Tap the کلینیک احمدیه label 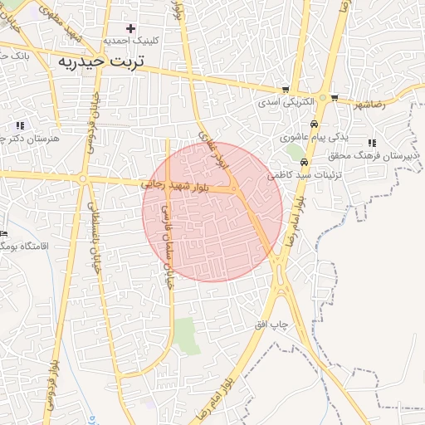(x=130, y=40)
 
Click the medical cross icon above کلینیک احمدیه (x=130, y=28)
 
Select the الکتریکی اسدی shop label (x=285, y=101)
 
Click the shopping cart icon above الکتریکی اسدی (x=286, y=90)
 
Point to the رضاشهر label (x=371, y=105)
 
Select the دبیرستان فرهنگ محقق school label (x=378, y=155)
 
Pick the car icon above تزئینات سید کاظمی (x=305, y=163)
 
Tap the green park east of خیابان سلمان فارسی (x=188, y=335)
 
